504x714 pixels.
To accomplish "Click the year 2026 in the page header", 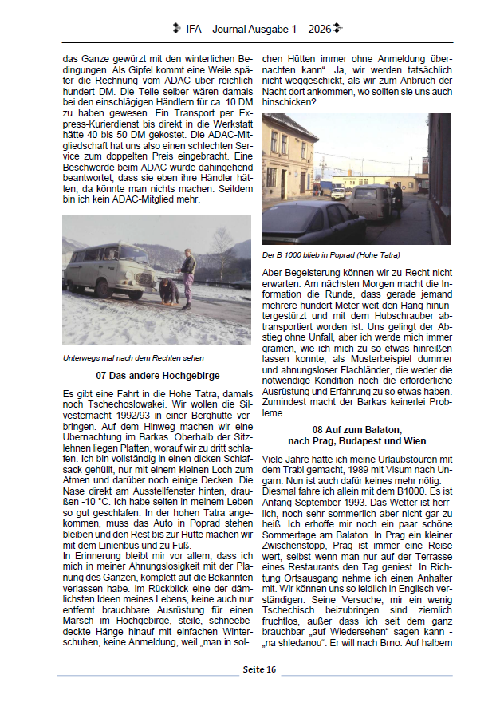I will [x=320, y=28].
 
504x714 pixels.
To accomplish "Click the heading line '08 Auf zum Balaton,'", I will [x=357, y=429].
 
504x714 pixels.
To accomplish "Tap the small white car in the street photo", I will [x=338, y=192].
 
